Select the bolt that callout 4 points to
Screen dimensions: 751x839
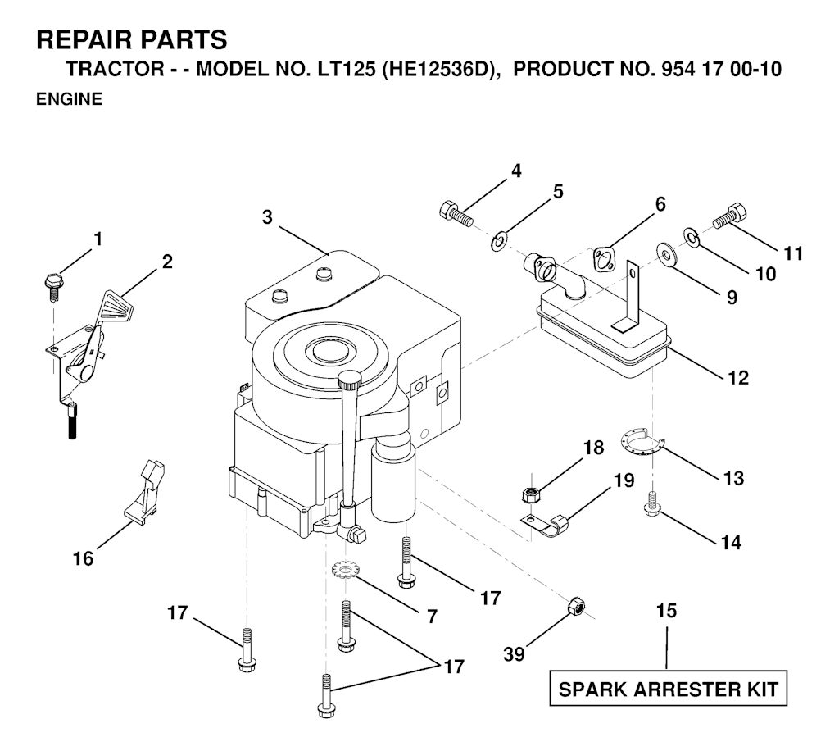coord(456,213)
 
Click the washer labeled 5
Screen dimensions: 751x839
coord(497,243)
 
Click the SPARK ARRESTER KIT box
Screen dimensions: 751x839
coord(667,690)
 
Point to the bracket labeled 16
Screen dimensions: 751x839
coord(145,491)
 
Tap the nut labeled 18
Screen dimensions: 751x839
coord(529,494)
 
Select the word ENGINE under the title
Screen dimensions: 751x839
coord(69,100)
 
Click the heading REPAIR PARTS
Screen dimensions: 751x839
coord(132,39)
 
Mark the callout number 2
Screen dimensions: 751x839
coord(167,262)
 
